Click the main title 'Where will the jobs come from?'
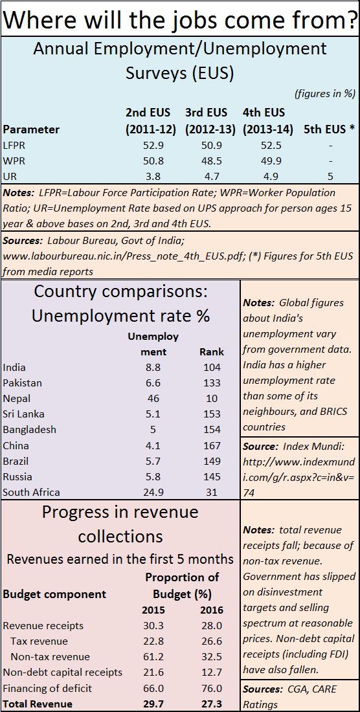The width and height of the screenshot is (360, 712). (x=180, y=19)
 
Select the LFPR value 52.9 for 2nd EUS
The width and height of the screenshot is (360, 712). (x=151, y=146)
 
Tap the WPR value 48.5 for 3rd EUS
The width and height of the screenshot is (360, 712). (x=210, y=161)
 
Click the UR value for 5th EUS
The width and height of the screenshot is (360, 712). (x=330, y=177)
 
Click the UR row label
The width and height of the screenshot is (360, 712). (x=9, y=177)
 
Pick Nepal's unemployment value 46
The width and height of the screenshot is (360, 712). (x=153, y=398)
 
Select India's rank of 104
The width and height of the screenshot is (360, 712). (x=212, y=368)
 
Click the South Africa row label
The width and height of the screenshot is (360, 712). (x=31, y=492)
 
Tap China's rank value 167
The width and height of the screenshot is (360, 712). (x=212, y=445)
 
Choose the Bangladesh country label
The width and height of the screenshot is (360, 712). (x=29, y=429)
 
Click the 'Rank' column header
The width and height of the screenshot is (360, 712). (x=212, y=352)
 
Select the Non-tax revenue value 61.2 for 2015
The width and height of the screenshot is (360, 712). (x=153, y=656)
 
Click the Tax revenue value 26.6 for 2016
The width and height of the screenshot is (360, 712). (x=212, y=641)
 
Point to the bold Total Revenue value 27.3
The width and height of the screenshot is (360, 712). (x=212, y=704)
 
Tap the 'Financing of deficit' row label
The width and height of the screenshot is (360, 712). (x=47, y=688)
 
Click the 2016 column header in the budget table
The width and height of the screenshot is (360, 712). (x=212, y=610)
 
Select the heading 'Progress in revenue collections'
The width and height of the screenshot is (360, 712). (x=120, y=524)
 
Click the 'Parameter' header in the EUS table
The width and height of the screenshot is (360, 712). (x=31, y=129)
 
